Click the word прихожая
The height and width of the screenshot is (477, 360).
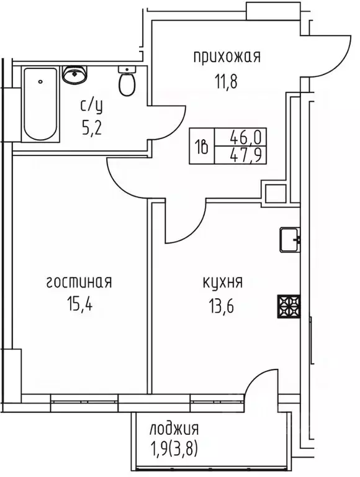point(227,58)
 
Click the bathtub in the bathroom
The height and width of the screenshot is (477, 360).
point(40,104)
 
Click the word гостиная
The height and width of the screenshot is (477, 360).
point(79,283)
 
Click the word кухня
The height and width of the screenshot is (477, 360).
point(222,283)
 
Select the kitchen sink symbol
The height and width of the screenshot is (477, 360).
point(290,239)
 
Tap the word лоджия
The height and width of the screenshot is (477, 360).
point(174,429)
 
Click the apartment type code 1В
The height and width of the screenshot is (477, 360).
point(202,147)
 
